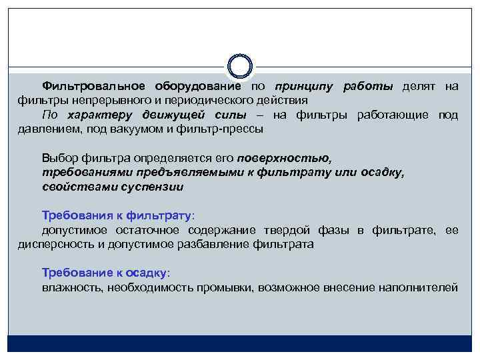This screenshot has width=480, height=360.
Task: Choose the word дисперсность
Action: point(53,244)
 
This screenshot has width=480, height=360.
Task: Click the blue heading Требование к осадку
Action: point(106,273)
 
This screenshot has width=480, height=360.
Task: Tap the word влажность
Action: point(70,288)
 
